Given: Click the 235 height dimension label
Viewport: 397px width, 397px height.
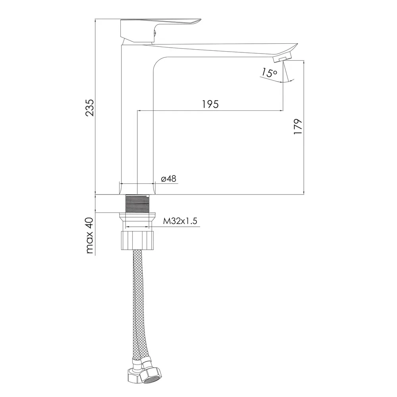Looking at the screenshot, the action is [89, 108].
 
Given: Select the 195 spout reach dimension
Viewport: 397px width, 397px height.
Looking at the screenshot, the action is [210, 104].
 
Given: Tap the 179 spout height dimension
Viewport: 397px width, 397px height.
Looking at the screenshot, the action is [298, 127].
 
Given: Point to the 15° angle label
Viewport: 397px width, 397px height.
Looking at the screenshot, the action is [270, 72].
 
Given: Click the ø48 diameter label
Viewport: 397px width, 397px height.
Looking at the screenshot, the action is [169, 179].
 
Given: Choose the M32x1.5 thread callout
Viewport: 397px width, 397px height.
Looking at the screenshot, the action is [180, 221].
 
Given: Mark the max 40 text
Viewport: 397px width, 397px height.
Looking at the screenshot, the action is [90, 235].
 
